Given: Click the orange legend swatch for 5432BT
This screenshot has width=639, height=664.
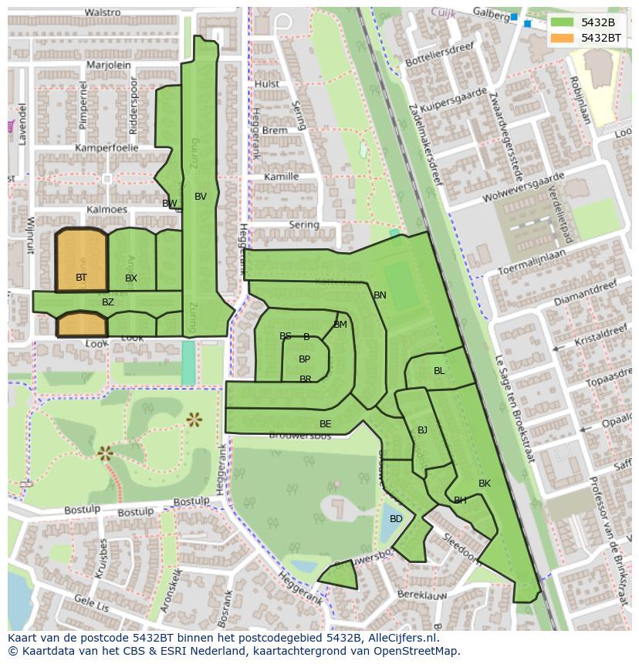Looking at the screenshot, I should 563,38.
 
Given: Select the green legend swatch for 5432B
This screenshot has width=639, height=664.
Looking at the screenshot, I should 563,22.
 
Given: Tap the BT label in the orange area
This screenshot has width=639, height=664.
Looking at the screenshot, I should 81,277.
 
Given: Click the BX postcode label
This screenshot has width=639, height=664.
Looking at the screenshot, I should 131,278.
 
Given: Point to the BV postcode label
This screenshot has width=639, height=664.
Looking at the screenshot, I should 201,197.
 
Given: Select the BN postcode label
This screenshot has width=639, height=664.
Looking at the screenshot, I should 380,295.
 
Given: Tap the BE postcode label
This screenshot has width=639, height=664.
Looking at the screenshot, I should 325,424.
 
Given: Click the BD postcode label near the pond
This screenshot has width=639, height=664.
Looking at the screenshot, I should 396,519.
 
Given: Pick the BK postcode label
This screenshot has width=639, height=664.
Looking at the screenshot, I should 485,484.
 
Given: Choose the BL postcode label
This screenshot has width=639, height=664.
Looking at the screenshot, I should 439,371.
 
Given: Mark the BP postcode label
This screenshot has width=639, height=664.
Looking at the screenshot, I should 304,359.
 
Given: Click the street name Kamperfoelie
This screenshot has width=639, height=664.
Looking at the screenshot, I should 106,147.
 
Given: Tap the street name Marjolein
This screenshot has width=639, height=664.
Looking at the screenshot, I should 109,66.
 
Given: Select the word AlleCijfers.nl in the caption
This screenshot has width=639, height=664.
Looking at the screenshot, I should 400,638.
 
